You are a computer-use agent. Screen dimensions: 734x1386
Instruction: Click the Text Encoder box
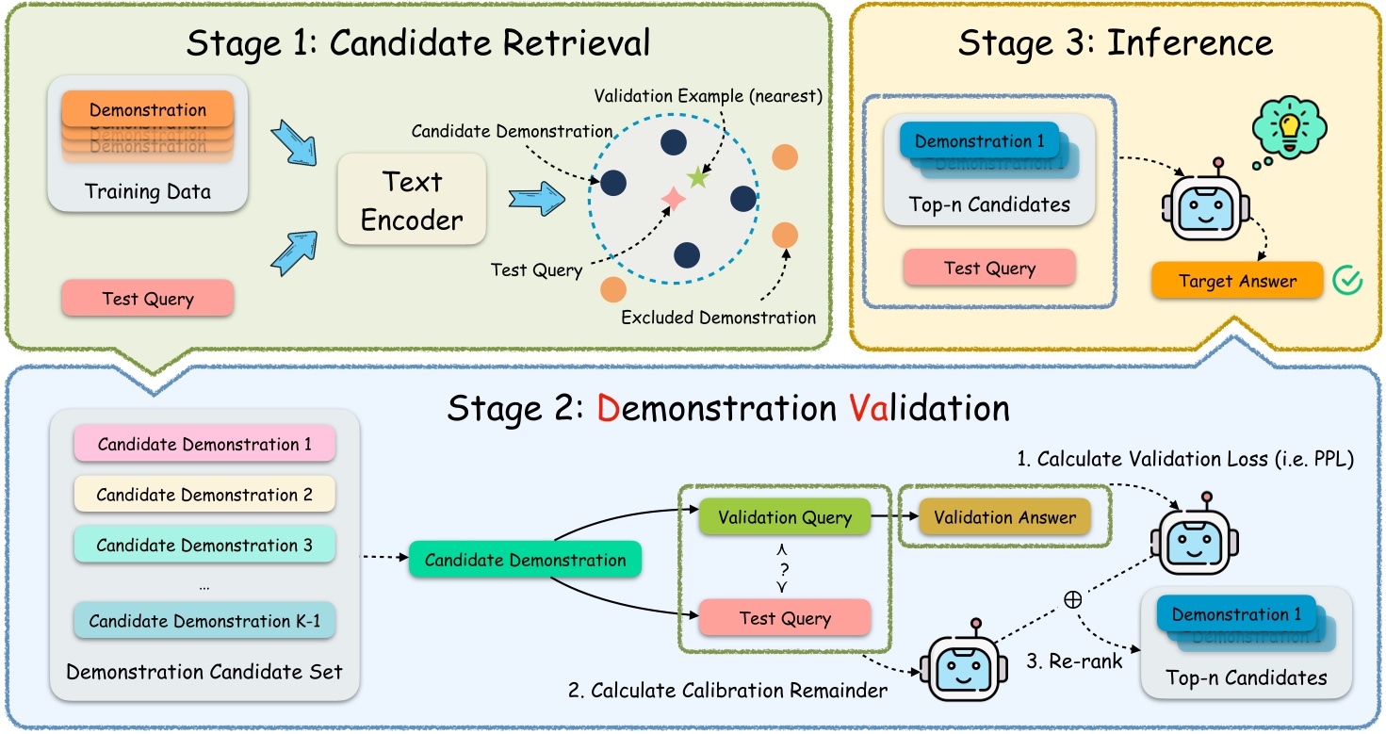[x=412, y=199]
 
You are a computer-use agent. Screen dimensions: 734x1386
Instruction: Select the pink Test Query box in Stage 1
[x=147, y=299]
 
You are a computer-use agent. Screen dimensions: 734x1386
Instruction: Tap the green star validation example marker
[x=697, y=176]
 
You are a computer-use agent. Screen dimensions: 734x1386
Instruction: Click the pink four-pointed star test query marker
[x=673, y=198]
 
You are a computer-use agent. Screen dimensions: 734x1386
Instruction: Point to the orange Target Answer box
[x=1236, y=280]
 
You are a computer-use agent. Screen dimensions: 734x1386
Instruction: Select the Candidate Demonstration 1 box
[x=204, y=444]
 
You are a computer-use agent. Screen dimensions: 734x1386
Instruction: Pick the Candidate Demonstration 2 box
[x=204, y=495]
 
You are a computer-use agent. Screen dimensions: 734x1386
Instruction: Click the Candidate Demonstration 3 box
[x=204, y=546]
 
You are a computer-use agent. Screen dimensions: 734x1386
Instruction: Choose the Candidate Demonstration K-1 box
[x=204, y=621]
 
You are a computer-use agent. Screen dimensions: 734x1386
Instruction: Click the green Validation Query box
[x=784, y=517]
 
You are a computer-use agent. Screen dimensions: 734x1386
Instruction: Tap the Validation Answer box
[x=1004, y=517]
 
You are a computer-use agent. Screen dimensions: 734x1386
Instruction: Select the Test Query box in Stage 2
[x=784, y=618]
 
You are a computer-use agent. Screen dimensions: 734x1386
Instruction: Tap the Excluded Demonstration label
[x=718, y=318]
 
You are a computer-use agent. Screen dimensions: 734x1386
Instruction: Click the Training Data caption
[x=148, y=191]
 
